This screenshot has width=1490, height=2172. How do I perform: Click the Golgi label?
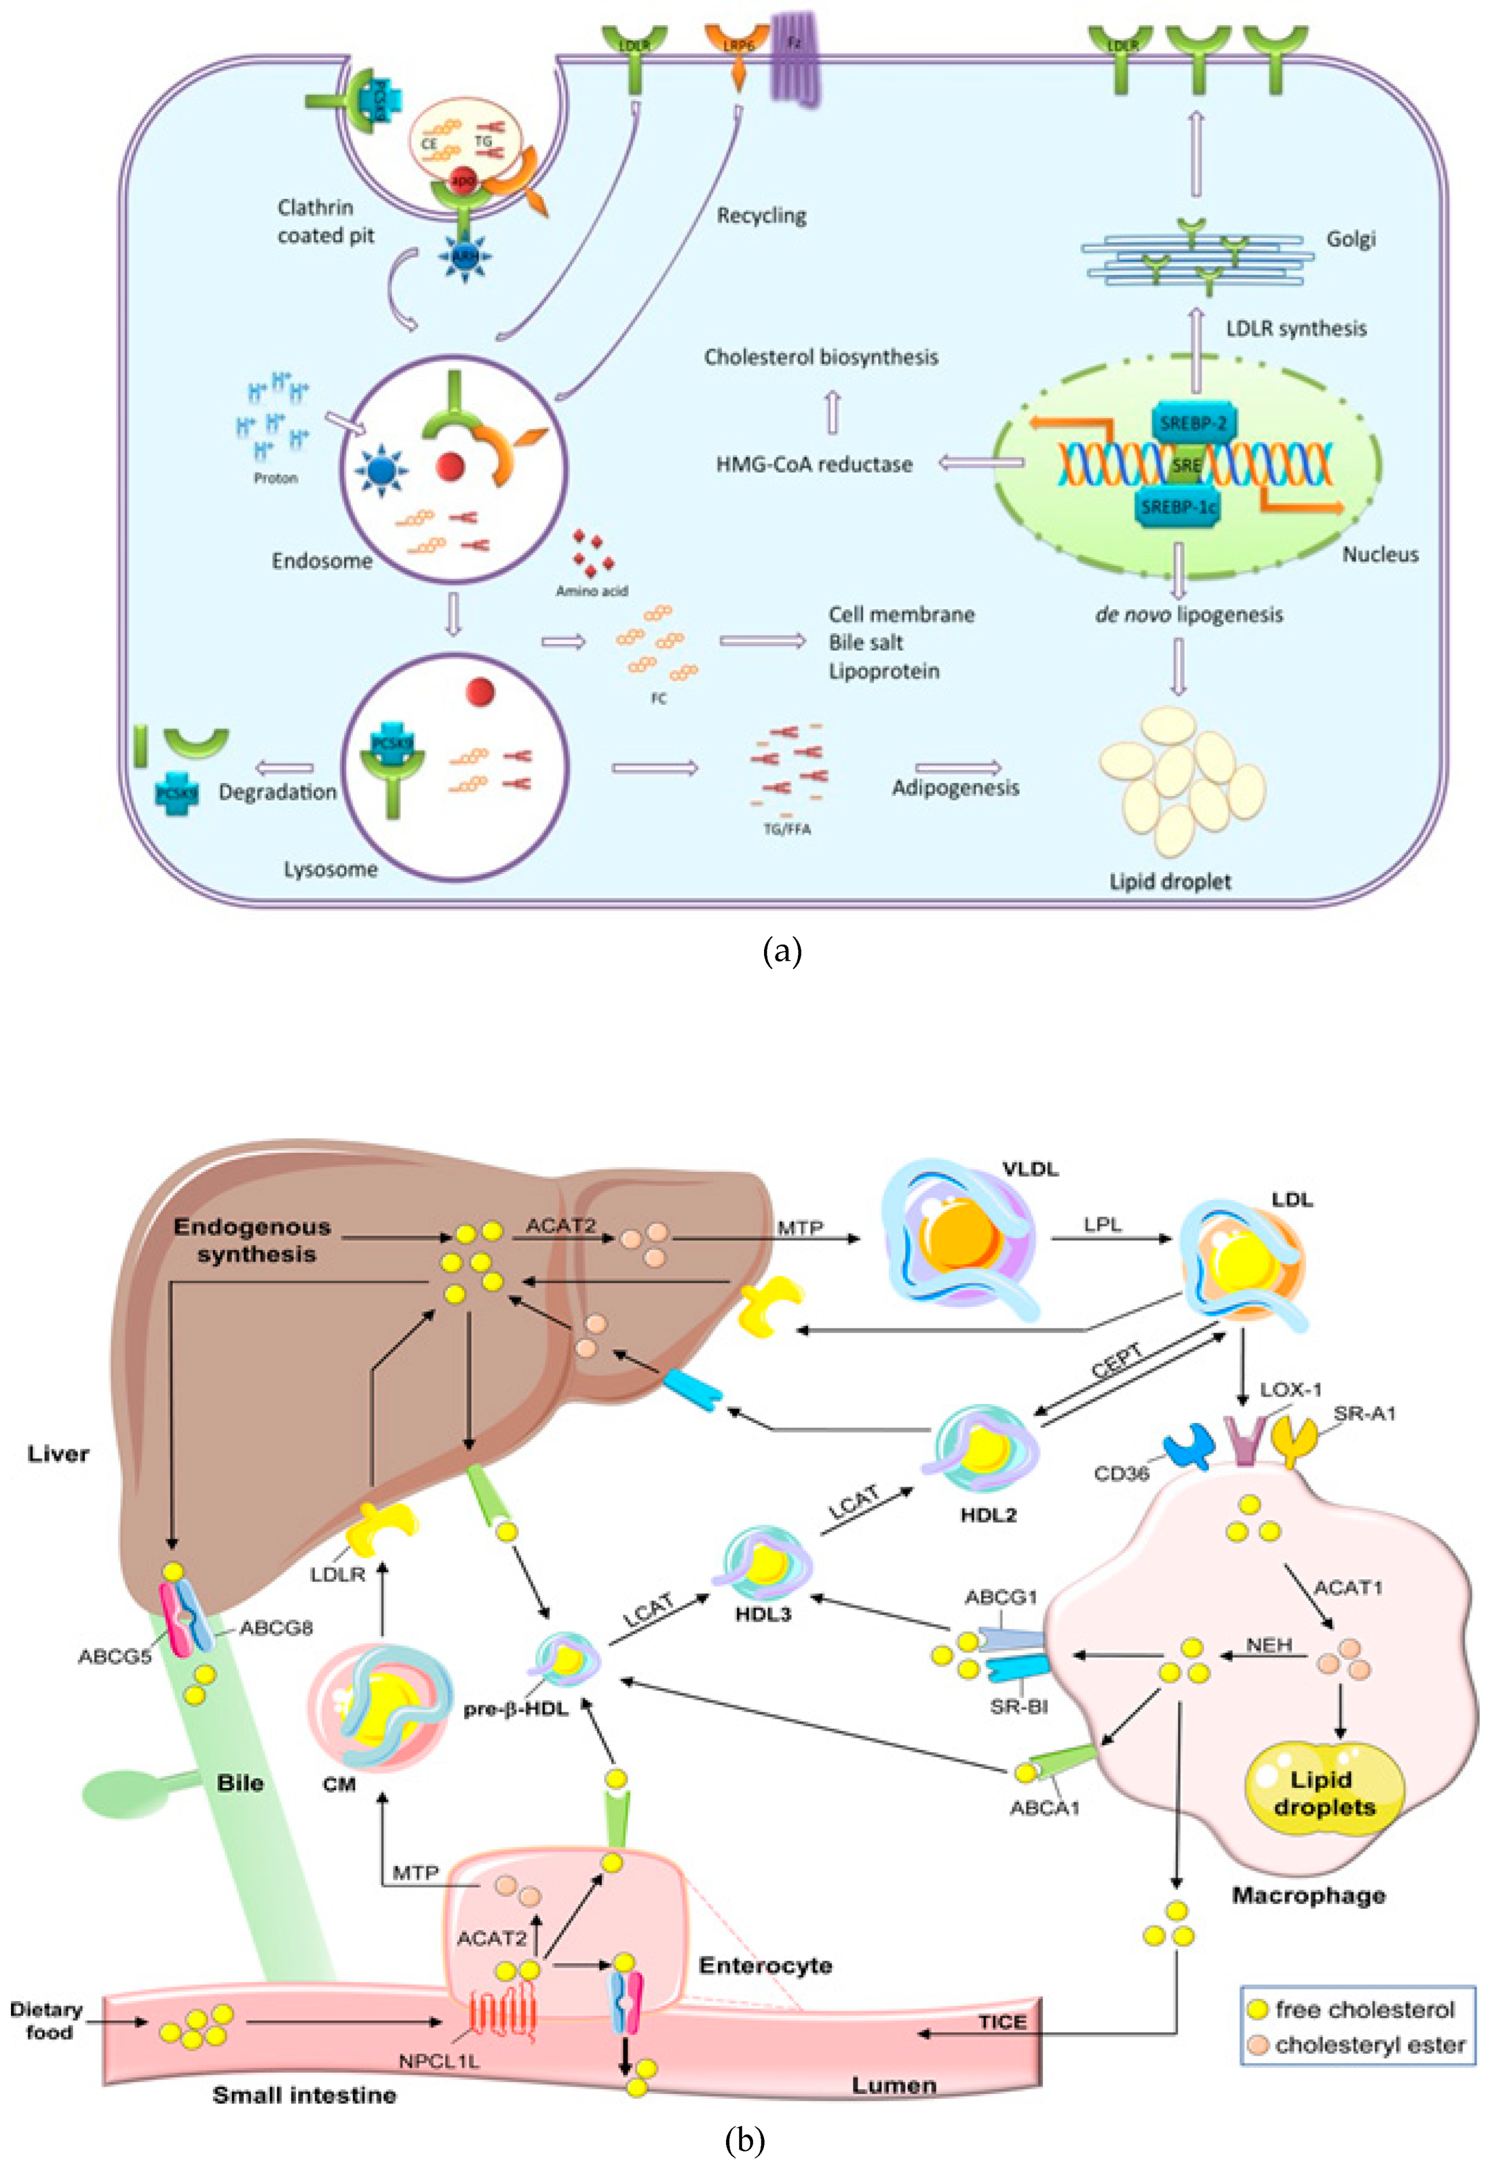coord(1351,239)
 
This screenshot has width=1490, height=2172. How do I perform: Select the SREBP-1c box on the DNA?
coord(1178,507)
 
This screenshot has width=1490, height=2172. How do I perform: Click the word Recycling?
coord(761,216)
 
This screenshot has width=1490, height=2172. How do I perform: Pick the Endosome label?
coord(322,561)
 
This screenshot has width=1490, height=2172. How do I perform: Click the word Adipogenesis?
coord(955,788)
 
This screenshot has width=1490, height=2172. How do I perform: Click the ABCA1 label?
coord(1044,1807)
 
